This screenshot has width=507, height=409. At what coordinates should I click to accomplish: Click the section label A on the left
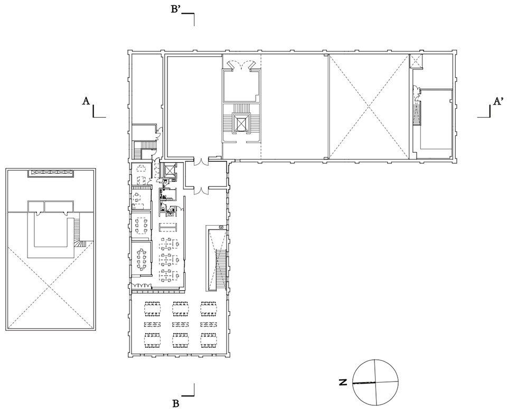click(x=86, y=101)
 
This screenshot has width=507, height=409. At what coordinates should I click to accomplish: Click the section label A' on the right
click(x=497, y=101)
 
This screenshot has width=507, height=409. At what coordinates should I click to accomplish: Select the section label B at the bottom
click(x=176, y=404)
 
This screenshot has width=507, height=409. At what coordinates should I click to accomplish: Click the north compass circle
click(x=375, y=382)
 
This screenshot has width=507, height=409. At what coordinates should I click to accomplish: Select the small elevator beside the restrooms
click(x=169, y=170)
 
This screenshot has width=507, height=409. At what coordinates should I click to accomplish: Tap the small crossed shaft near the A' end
click(x=416, y=61)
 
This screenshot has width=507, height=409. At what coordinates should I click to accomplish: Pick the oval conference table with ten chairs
click(x=142, y=258)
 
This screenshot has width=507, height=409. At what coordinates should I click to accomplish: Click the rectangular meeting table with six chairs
click(x=142, y=225)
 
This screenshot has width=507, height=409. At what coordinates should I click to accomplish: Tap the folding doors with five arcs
click(x=141, y=285)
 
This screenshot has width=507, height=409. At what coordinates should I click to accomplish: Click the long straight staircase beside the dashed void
click(x=221, y=268)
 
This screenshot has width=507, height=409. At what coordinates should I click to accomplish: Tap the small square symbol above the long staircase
click(x=221, y=227)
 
